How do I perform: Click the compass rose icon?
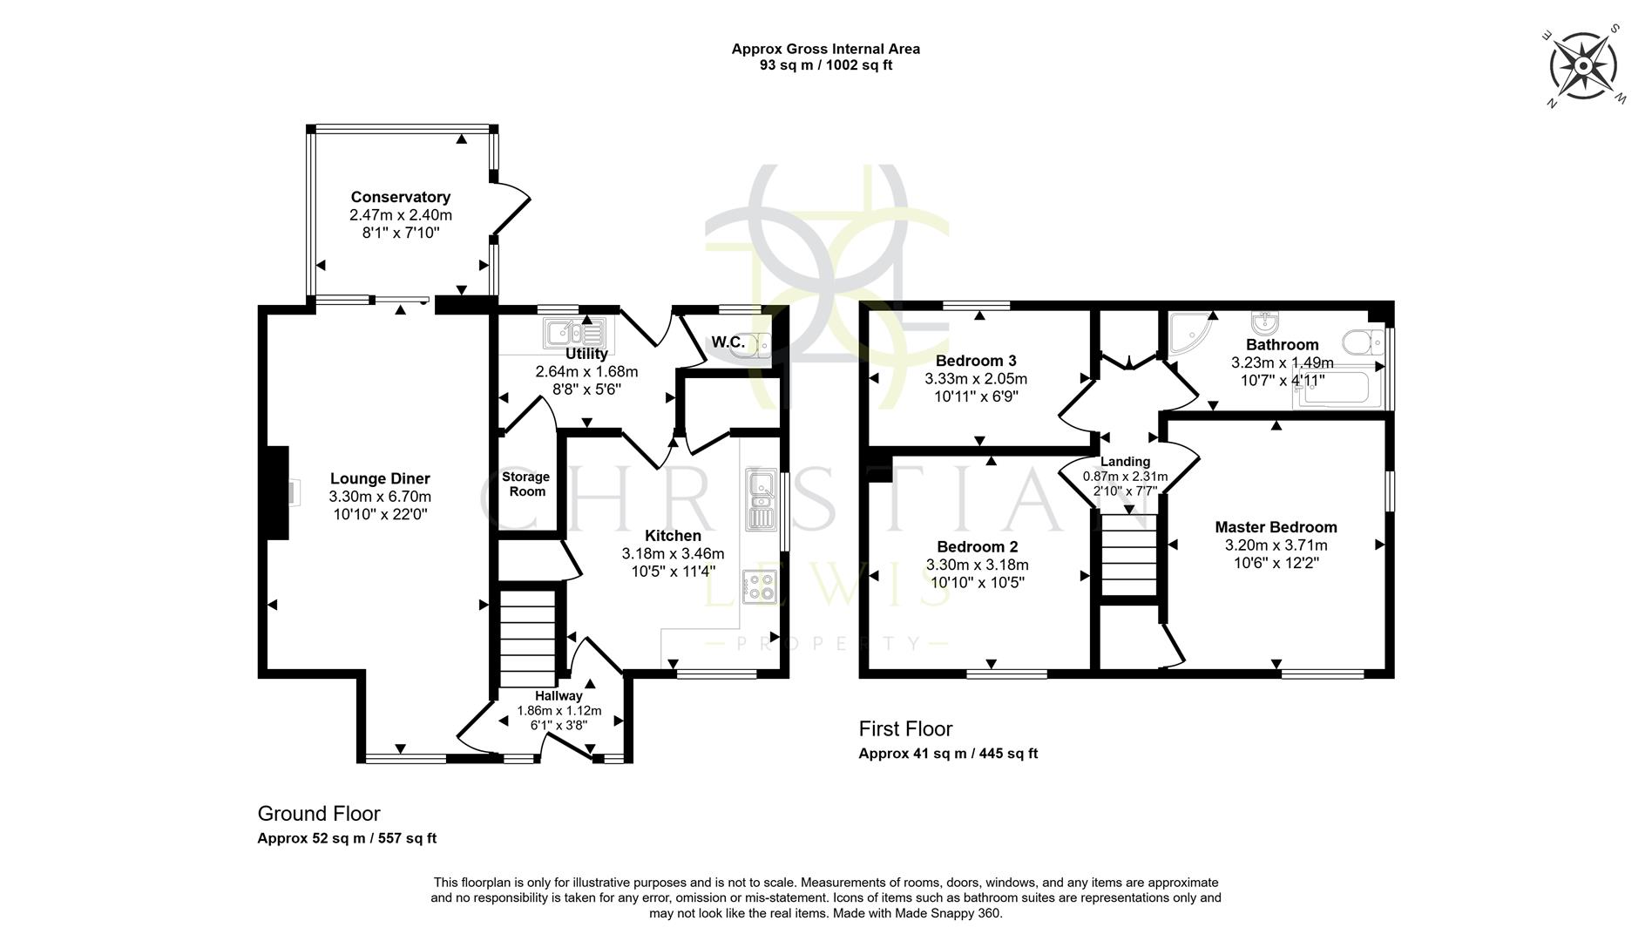(x=1584, y=65)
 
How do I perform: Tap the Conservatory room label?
(x=400, y=197)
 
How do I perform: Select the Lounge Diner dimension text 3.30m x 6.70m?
(x=380, y=497)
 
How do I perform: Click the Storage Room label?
(x=526, y=484)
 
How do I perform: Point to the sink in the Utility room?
(x=574, y=333)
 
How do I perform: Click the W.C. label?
(x=728, y=342)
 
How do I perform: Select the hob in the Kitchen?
(x=760, y=586)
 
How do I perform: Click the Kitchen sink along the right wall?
(x=761, y=500)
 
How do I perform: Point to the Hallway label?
(x=559, y=695)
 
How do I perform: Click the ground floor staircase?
(x=528, y=639)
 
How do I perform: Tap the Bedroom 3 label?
(x=976, y=361)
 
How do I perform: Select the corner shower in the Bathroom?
(x=1190, y=332)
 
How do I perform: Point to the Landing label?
(x=1125, y=462)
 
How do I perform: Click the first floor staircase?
(x=1128, y=554)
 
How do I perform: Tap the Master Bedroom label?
(x=1276, y=527)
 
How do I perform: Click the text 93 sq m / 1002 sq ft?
(x=825, y=65)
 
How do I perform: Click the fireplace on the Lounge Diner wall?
(x=279, y=492)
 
